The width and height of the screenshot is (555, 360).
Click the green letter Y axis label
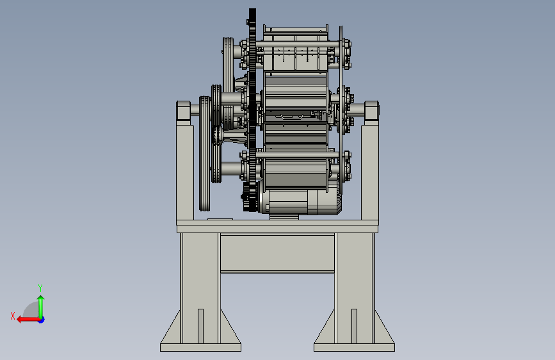click(40, 288)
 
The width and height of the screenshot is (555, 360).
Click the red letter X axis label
click(13, 316)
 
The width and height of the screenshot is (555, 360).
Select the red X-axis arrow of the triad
click(28, 320)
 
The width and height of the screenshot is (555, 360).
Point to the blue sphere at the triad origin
click(42, 320)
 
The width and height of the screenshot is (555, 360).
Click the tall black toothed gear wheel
click(252, 110)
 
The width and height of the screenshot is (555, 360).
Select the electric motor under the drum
click(300, 201)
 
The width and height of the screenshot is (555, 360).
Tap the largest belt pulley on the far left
click(205, 154)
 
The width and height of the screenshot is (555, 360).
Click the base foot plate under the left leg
click(201, 347)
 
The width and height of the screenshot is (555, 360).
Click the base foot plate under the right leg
click(354, 347)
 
